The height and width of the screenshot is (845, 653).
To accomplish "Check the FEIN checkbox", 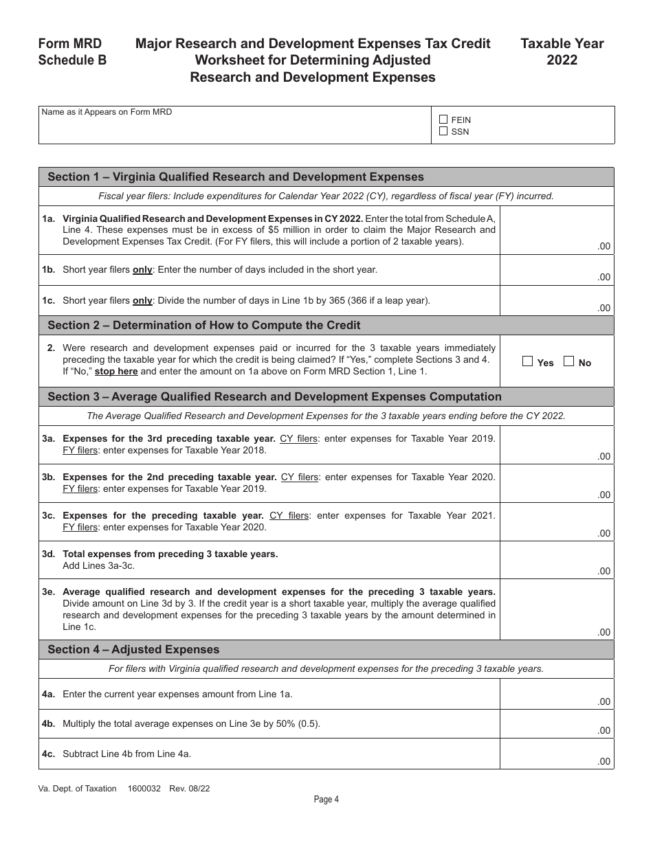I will click(x=443, y=120).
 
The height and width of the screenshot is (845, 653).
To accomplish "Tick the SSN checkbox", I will click(x=443, y=131).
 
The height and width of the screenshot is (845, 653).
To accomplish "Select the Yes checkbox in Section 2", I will click(x=528, y=362).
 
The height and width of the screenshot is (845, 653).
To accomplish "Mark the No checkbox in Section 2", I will click(x=568, y=362).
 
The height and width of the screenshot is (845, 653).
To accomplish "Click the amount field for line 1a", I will click(x=557, y=231).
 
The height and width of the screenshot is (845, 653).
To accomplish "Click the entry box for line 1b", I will click(x=557, y=271).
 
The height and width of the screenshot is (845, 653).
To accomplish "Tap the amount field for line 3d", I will click(x=557, y=560).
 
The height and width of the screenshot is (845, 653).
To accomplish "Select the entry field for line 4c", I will click(x=557, y=754).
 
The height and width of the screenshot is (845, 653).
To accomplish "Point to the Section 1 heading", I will click(x=235, y=177).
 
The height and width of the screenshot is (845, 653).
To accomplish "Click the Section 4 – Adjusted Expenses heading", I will click(x=133, y=649).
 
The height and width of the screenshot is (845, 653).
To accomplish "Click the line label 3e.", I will click(x=48, y=591).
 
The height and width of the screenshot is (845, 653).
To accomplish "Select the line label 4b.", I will click(x=48, y=724).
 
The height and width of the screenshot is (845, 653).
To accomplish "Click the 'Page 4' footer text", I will click(x=326, y=799).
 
